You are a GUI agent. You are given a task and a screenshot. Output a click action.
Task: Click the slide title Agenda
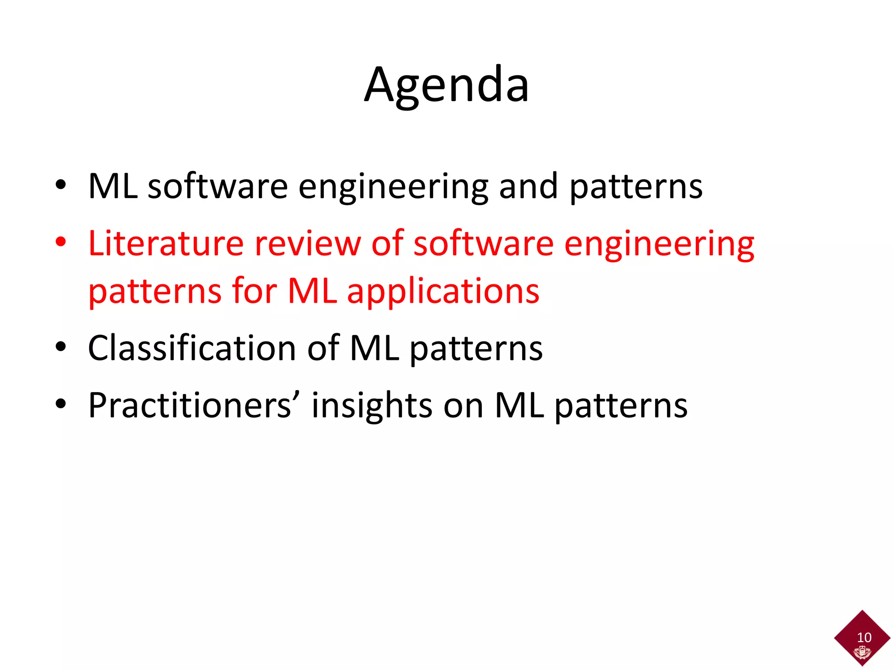click(x=447, y=85)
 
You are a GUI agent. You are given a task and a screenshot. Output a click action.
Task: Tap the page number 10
click(x=864, y=637)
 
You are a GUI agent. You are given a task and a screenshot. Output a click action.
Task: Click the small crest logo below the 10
click(x=862, y=653)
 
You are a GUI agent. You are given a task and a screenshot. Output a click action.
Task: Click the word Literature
click(x=166, y=243)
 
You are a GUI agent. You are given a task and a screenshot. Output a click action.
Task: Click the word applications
click(x=443, y=291)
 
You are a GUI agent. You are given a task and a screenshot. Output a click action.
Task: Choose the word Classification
click(x=192, y=348)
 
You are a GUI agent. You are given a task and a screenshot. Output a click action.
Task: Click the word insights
click(x=372, y=405)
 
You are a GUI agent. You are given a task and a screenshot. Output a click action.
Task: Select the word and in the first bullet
click(x=528, y=186)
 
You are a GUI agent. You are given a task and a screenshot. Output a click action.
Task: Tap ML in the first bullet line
click(x=113, y=186)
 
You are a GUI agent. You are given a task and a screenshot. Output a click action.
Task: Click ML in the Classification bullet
click(x=375, y=348)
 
